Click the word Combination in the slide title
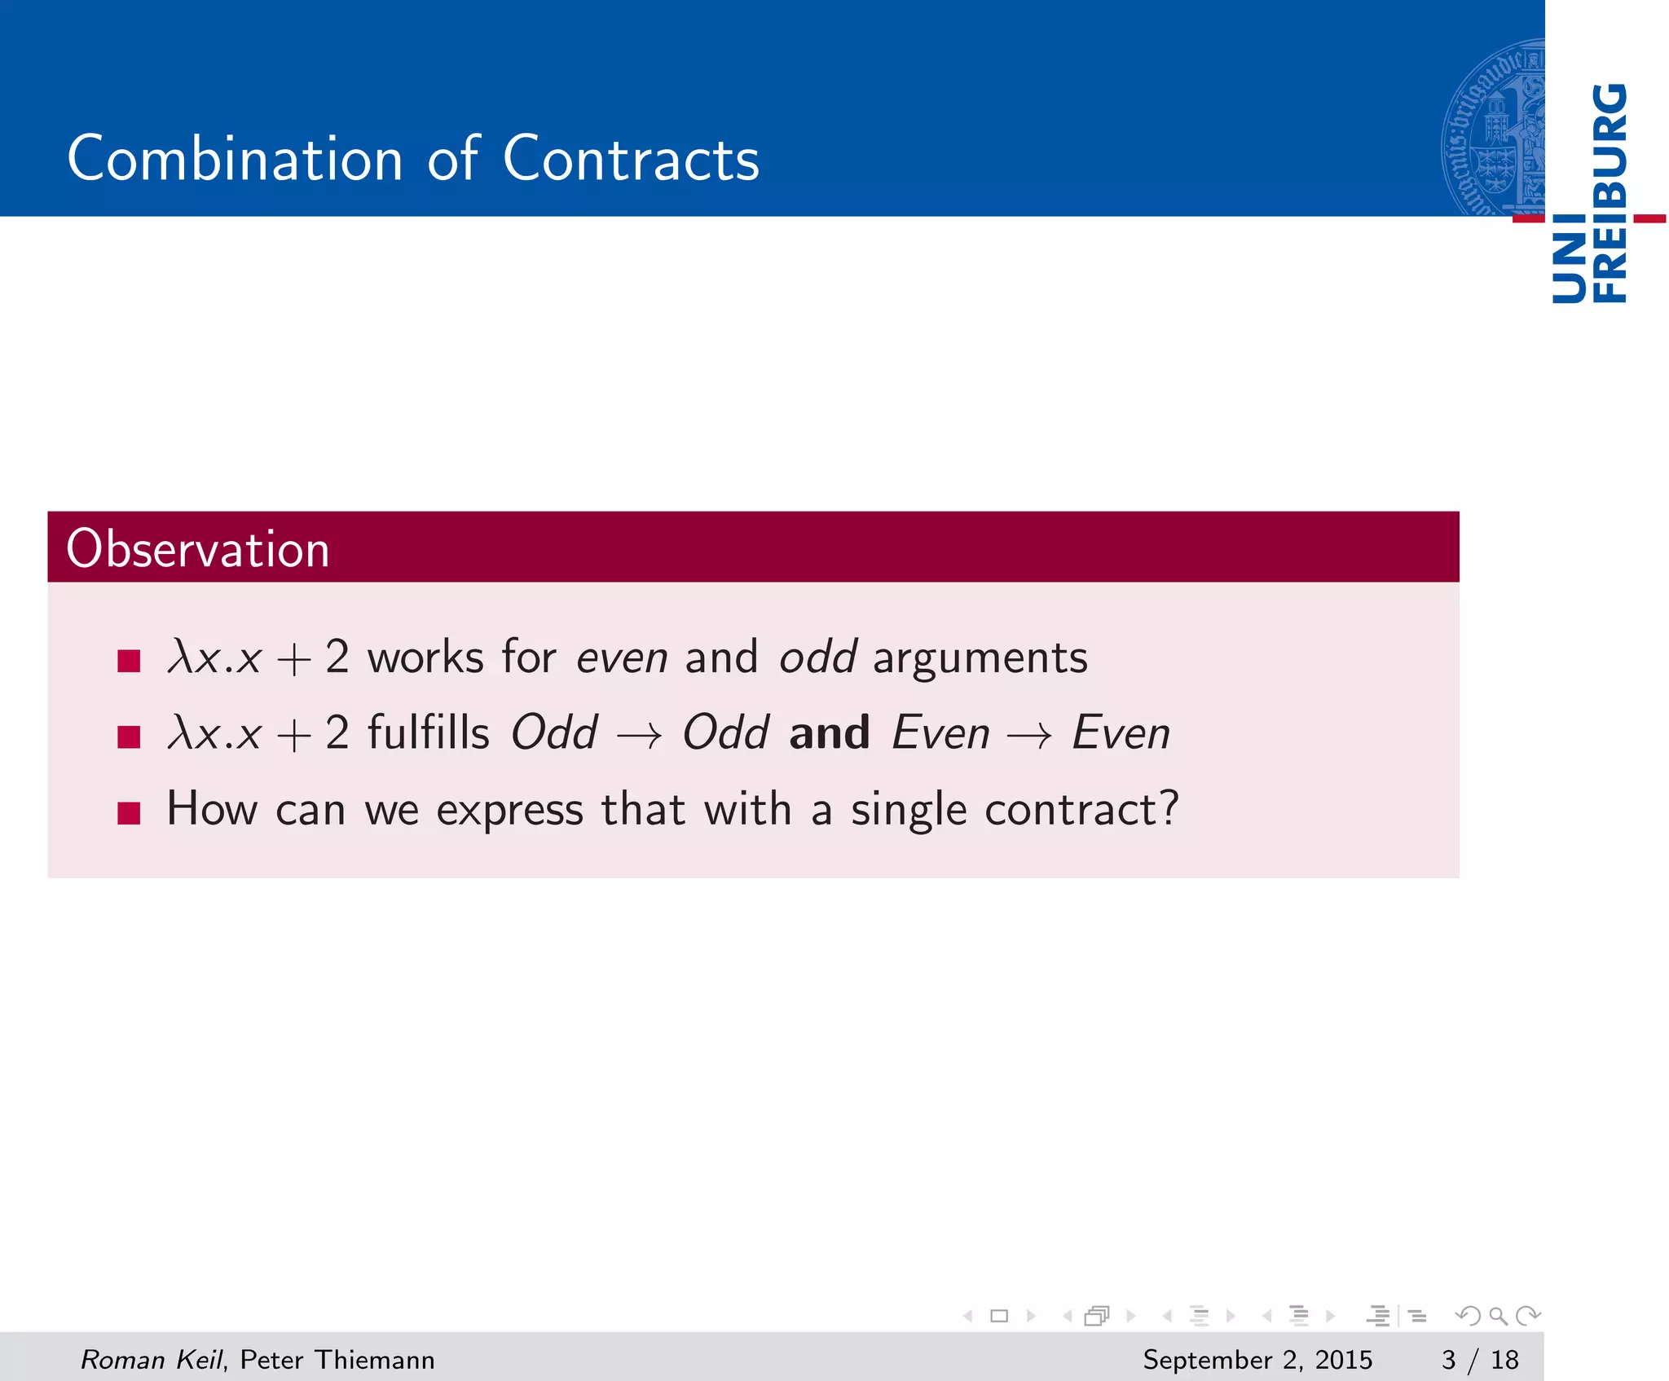(235, 159)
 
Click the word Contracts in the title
(631, 159)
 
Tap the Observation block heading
(198, 548)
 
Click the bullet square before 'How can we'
(129, 812)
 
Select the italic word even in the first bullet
(622, 657)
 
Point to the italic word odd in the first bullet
(817, 657)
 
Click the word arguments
(980, 658)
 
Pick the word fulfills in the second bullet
(429, 732)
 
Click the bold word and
(829, 732)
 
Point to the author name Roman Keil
(152, 1360)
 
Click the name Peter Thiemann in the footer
(337, 1360)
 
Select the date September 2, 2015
(1257, 1360)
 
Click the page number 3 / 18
(1480, 1360)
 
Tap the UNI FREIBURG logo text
(1589, 193)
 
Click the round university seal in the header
(1493, 129)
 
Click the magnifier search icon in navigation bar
(1498, 1316)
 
